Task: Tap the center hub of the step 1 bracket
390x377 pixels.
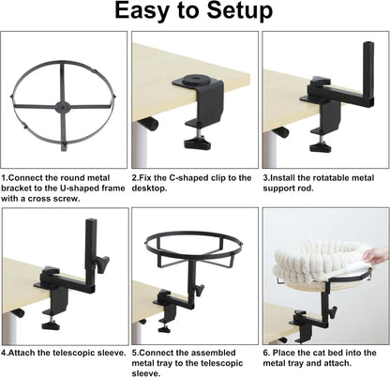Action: tap(61, 107)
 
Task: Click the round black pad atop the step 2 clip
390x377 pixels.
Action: tap(196, 79)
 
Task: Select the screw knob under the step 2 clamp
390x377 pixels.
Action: tap(196, 143)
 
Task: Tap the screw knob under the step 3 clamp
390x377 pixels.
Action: tap(320, 146)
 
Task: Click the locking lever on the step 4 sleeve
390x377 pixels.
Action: tap(103, 264)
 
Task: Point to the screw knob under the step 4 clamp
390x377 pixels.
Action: tap(52, 325)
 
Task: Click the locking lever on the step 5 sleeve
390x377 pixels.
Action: tap(199, 290)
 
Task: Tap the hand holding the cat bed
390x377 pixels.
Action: tap(376, 255)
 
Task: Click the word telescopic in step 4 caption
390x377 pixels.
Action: tap(73, 353)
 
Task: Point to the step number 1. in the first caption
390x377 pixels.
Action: tap(5, 178)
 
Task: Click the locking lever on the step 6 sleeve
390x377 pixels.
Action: tap(333, 312)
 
